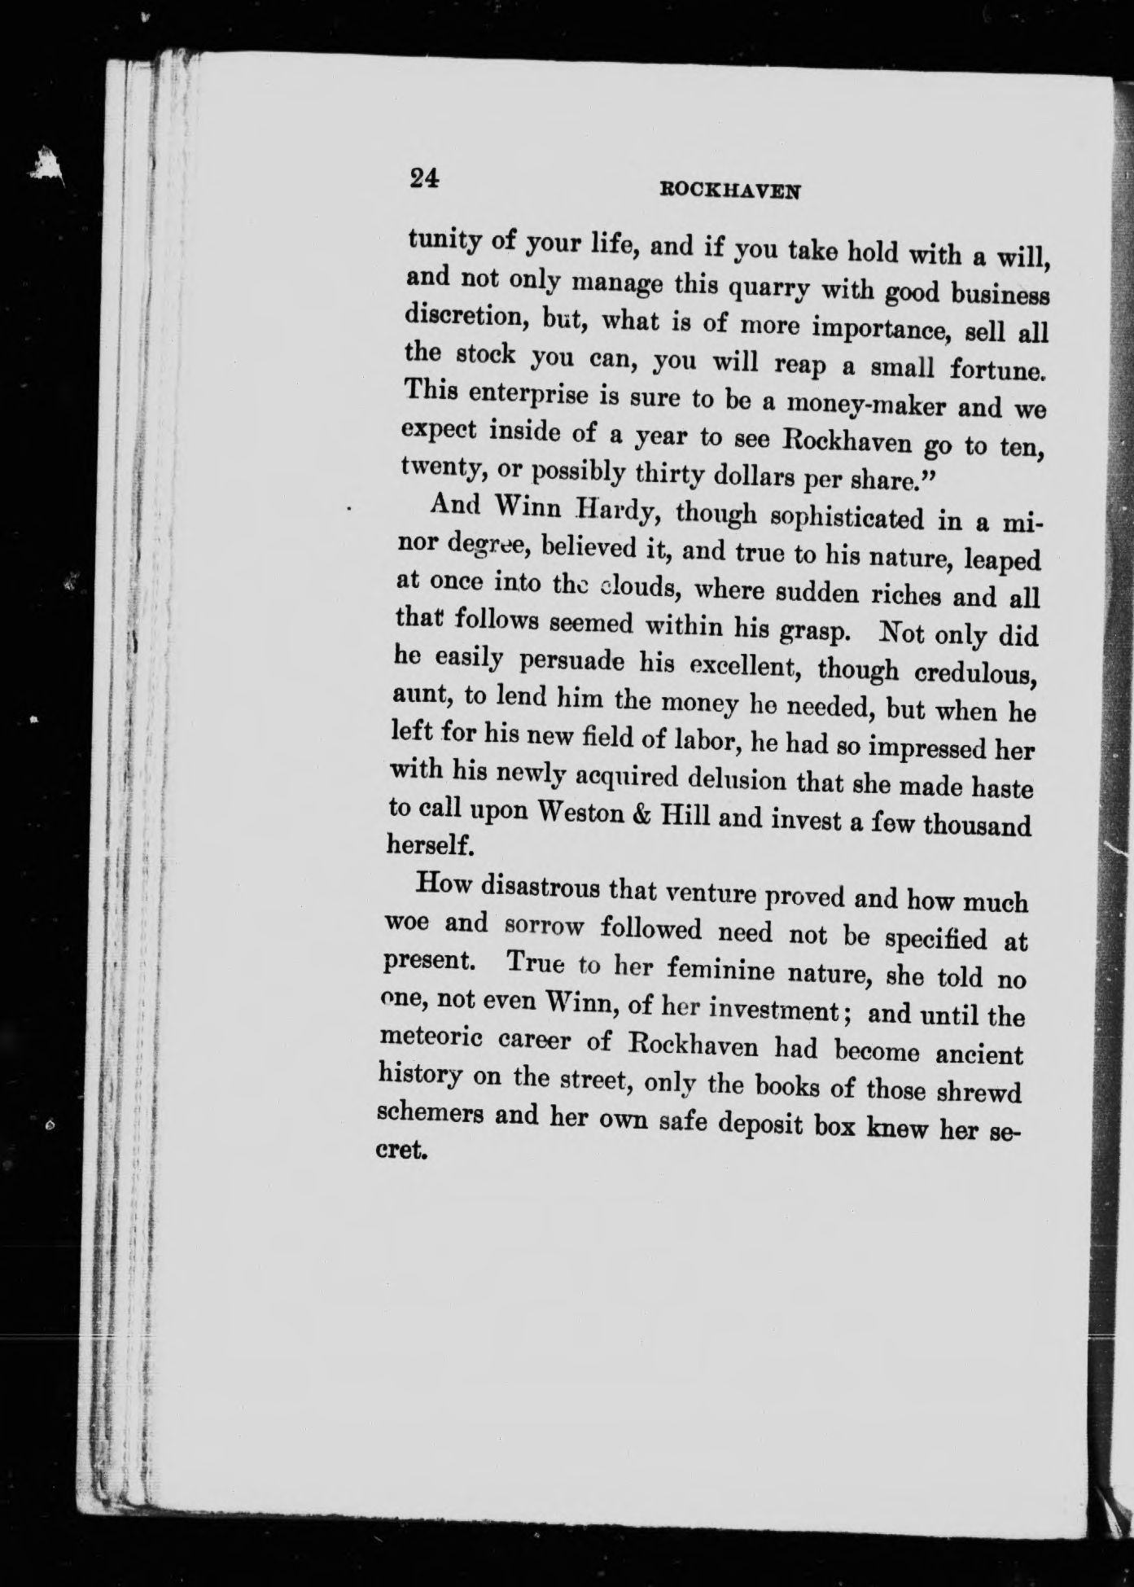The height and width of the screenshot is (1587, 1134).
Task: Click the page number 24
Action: tap(425, 178)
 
